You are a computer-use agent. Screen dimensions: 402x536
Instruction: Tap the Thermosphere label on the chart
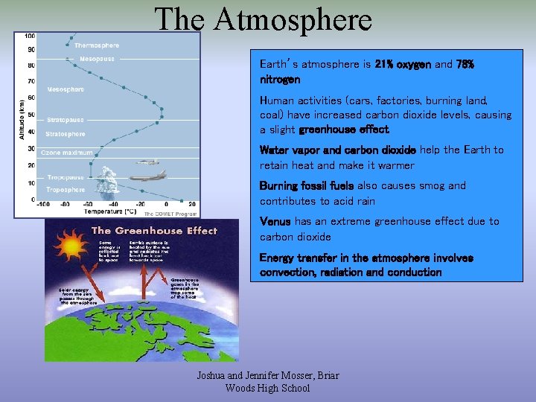tap(96, 45)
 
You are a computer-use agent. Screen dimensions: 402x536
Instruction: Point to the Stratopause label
tap(66, 120)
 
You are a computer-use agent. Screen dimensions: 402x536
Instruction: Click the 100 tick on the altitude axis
tap(29, 36)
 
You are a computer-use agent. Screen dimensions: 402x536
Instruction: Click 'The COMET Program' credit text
tap(175, 213)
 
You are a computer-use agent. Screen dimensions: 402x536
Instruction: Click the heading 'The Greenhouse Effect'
tap(154, 231)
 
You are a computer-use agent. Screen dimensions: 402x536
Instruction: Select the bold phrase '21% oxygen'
tap(406, 65)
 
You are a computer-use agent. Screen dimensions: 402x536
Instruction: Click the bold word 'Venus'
tap(275, 222)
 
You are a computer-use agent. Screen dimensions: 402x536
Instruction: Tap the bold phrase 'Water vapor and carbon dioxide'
tap(337, 150)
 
